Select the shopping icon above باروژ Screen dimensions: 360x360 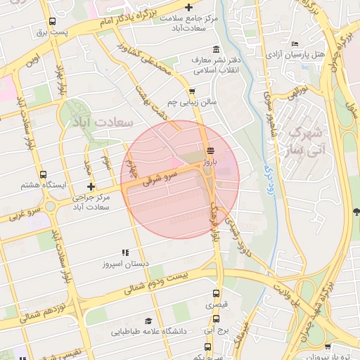(x=210, y=150)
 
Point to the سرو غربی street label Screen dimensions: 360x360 (x=20, y=214)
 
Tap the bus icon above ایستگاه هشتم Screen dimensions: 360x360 (x=44, y=174)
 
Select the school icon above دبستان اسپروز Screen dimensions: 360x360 (x=126, y=252)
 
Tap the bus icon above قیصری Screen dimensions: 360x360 (x=216, y=294)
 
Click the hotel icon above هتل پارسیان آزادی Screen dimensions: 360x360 (x=293, y=43)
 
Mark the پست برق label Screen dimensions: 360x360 (x=53, y=32)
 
